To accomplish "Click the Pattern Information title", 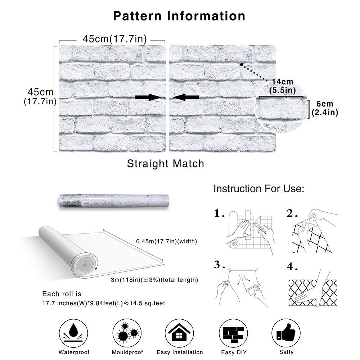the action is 179,16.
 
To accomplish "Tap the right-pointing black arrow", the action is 148,97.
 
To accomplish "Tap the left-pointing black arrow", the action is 186,97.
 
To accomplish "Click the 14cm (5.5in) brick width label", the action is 282,86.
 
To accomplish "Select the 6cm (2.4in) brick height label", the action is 325,108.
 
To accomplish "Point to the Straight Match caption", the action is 166,164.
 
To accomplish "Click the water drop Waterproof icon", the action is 73,333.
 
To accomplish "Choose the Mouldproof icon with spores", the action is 127,333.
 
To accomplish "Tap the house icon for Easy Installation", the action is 179,333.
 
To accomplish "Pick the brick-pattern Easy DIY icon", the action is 234,333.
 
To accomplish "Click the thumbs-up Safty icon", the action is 286,333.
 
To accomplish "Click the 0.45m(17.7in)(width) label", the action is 167,241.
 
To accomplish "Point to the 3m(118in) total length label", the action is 154,280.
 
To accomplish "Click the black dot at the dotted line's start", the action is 242,65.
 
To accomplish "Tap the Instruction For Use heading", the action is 259,189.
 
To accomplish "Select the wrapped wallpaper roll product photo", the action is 114,201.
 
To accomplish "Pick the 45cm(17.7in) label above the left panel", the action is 115,39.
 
